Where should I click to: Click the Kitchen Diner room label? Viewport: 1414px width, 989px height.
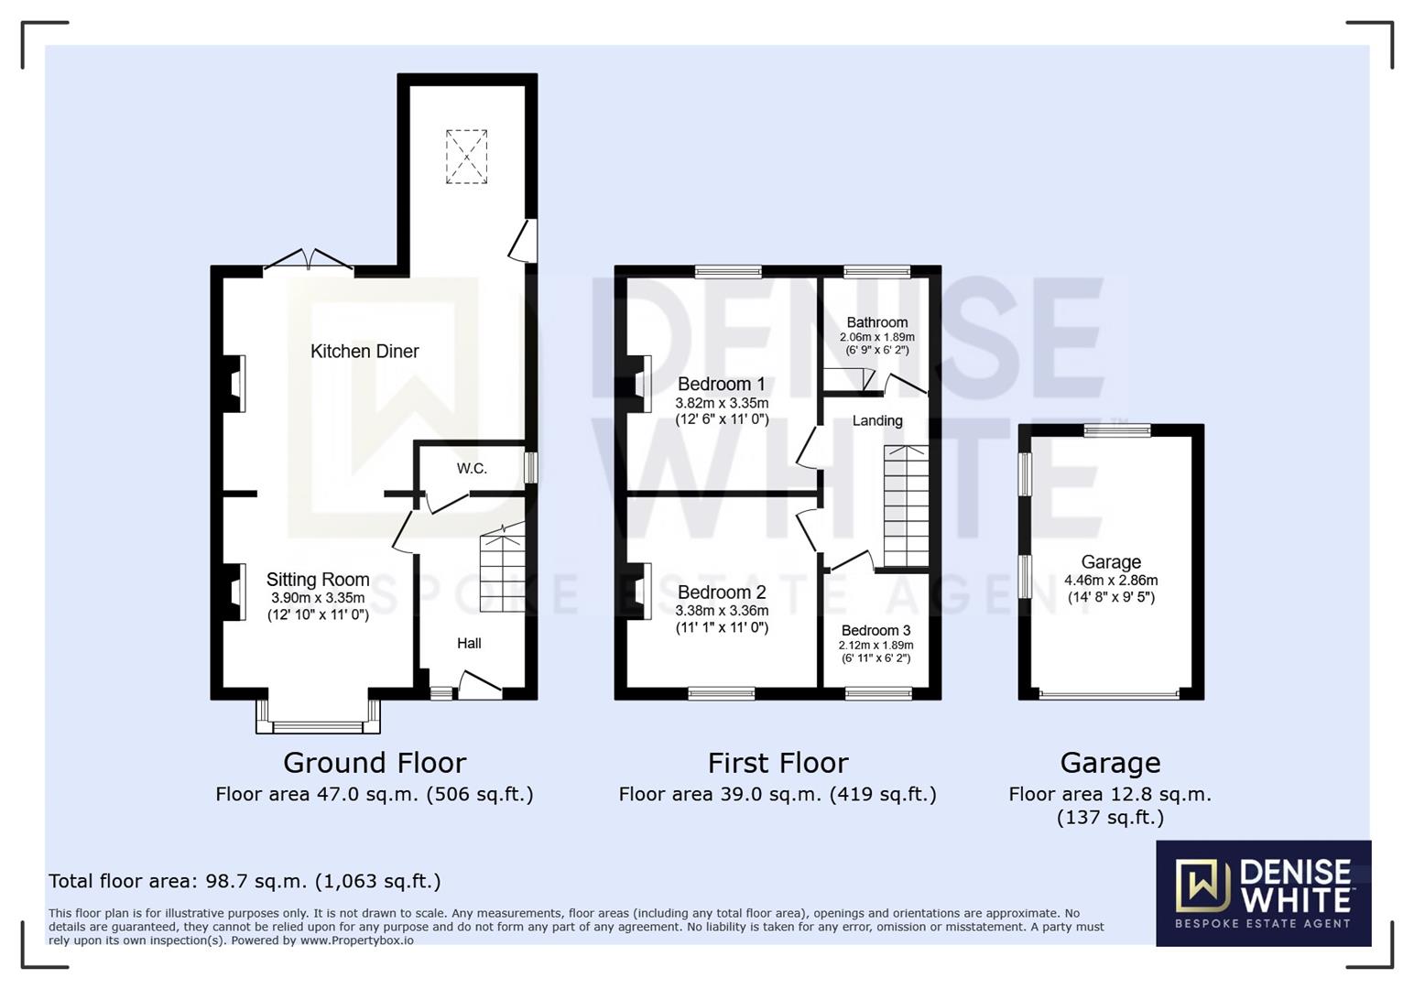coord(364,352)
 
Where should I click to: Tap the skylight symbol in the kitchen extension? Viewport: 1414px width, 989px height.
coord(466,157)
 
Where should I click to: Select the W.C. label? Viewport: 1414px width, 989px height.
coord(472,469)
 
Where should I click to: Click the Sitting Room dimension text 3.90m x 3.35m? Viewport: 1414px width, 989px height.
coord(318,598)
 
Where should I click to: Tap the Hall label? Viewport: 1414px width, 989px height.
coord(469,644)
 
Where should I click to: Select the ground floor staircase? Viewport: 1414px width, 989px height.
coord(503,568)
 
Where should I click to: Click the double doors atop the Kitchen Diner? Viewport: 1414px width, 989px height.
coord(309,261)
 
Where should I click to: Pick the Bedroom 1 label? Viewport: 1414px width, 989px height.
coord(721,385)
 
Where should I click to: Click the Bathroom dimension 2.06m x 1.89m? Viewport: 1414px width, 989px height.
coord(876,337)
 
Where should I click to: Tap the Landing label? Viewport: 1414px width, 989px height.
coord(877,421)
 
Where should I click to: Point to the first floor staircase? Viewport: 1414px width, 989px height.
coord(906,506)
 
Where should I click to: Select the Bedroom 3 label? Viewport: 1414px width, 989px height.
coord(876,631)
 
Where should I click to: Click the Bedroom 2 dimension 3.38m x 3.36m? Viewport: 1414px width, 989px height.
coord(722,611)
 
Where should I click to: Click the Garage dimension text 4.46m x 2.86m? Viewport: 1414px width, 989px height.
coord(1110,581)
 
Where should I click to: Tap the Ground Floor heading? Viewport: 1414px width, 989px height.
coord(375,763)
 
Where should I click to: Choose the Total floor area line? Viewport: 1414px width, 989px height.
coord(245,881)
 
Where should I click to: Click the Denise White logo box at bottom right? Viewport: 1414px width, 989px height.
coord(1263,893)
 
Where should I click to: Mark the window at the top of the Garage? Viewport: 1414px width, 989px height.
coord(1117,430)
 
